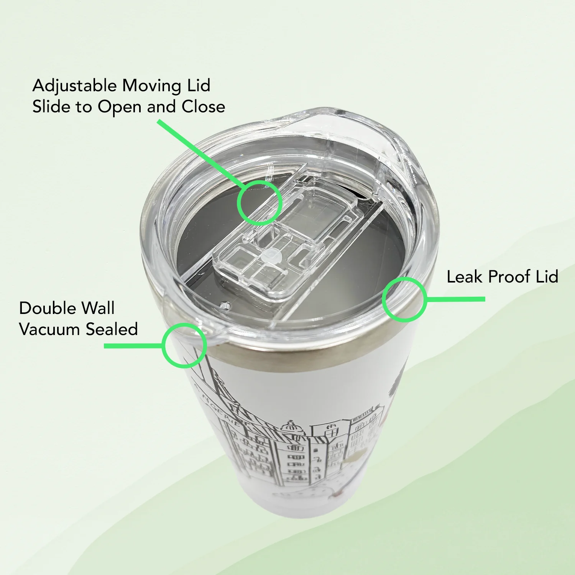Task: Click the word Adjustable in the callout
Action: tap(74, 86)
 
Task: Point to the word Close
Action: tap(203, 107)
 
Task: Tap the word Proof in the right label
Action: tap(509, 277)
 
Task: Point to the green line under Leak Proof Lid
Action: tap(455, 299)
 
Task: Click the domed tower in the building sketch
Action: tap(291, 428)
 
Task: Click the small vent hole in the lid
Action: tap(225, 306)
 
